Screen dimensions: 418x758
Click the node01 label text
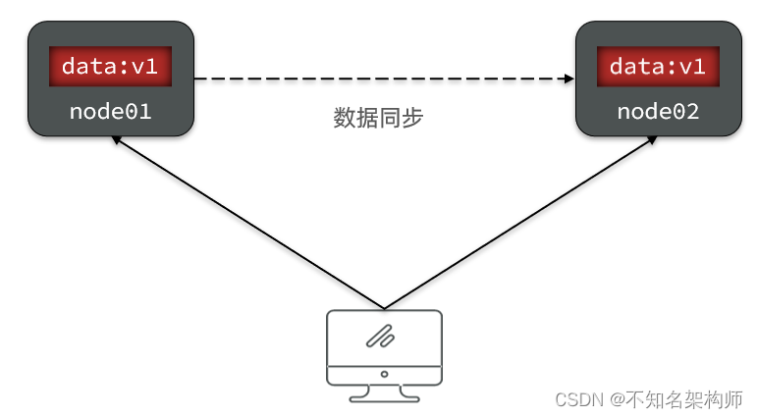(x=110, y=112)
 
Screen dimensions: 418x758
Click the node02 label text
(x=658, y=112)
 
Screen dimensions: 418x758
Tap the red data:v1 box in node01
(x=110, y=67)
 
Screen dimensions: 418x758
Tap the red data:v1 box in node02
(x=658, y=67)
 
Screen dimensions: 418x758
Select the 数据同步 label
(x=378, y=118)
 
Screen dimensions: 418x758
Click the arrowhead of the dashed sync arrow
(x=568, y=78)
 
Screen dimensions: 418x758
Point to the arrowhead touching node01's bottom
(x=116, y=140)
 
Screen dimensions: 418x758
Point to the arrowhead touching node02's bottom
(x=652, y=140)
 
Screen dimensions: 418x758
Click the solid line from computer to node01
(x=245, y=222)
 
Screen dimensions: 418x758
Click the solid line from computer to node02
(x=520, y=222)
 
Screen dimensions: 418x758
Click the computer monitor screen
(x=383, y=338)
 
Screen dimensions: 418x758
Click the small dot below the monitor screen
(x=383, y=374)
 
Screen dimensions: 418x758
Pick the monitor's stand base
(x=383, y=397)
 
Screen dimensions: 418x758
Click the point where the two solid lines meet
(x=383, y=307)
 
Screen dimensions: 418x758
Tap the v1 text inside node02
(x=691, y=67)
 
